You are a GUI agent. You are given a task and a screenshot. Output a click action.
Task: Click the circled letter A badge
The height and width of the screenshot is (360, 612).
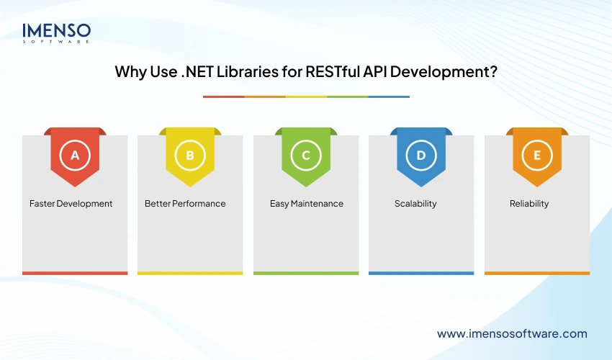(x=75, y=155)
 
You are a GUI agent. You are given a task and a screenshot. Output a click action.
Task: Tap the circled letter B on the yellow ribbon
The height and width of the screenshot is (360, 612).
(x=190, y=155)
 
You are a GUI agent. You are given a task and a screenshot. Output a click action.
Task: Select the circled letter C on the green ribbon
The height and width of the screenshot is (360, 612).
(x=306, y=155)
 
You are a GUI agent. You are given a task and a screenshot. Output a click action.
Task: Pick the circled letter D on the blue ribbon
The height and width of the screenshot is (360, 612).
(x=421, y=155)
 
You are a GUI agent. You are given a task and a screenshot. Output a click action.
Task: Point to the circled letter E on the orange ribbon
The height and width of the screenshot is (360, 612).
(x=537, y=155)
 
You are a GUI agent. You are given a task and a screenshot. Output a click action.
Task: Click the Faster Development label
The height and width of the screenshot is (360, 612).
(x=71, y=204)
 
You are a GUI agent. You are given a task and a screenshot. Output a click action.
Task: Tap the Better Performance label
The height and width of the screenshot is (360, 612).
(x=185, y=204)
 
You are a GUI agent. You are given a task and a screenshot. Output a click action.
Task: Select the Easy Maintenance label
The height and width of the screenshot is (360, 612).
(x=307, y=204)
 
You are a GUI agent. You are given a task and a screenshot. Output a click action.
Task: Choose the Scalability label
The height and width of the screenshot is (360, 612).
(x=415, y=204)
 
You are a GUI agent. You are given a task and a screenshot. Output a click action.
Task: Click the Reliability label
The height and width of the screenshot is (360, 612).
(x=529, y=204)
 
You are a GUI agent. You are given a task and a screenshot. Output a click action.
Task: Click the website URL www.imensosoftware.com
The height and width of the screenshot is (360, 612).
(x=512, y=333)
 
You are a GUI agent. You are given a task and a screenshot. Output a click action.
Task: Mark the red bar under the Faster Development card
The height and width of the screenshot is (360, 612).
(x=75, y=273)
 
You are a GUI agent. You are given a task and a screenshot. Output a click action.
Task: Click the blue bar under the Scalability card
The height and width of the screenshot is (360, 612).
(x=421, y=273)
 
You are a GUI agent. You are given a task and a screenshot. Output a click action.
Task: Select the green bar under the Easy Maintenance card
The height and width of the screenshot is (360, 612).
(x=306, y=273)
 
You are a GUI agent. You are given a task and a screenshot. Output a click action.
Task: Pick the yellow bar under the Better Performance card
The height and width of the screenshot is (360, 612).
(x=190, y=273)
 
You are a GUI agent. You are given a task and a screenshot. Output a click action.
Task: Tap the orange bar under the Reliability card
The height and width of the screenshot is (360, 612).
(x=537, y=273)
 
